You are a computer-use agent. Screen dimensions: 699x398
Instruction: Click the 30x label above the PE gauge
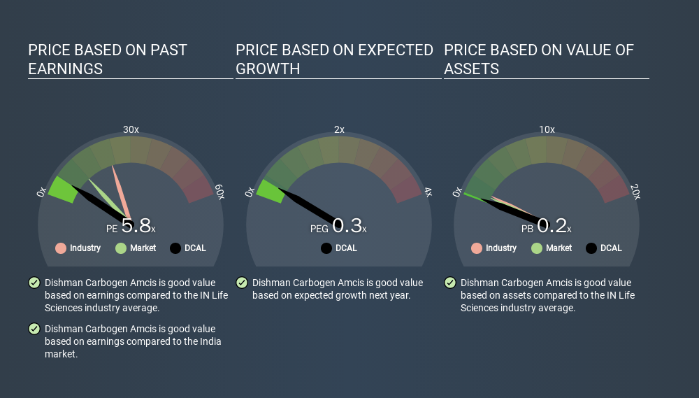(x=131, y=129)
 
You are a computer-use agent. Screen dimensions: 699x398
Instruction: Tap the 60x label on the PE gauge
(x=219, y=192)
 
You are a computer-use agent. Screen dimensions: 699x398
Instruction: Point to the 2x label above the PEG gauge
(x=339, y=129)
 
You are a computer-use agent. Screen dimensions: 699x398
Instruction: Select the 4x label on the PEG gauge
(x=428, y=192)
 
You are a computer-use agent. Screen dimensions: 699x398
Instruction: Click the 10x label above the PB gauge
(x=547, y=129)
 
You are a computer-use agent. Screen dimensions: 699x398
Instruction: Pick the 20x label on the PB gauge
(x=635, y=192)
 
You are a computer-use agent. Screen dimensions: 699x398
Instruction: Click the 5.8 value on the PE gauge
(x=136, y=226)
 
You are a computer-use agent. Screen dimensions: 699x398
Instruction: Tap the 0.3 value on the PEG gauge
(x=347, y=226)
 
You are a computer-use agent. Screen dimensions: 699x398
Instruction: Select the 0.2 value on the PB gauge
(x=552, y=226)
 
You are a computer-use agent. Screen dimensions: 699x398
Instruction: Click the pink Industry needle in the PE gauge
(x=121, y=192)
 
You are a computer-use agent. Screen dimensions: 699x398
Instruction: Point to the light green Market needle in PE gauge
(x=107, y=198)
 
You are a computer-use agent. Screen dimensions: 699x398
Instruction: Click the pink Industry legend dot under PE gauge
(x=61, y=248)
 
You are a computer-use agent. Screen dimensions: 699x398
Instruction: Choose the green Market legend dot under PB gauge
(x=537, y=248)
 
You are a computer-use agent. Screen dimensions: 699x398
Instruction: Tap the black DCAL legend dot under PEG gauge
(x=326, y=248)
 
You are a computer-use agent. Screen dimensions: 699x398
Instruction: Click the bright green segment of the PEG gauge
(x=271, y=191)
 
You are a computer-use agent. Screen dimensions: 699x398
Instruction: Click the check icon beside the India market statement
(x=34, y=329)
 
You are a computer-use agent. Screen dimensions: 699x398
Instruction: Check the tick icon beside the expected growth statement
(x=242, y=283)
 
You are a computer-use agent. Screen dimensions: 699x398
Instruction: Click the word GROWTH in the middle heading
(x=268, y=69)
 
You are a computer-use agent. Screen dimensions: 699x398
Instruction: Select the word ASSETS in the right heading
(x=471, y=69)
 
